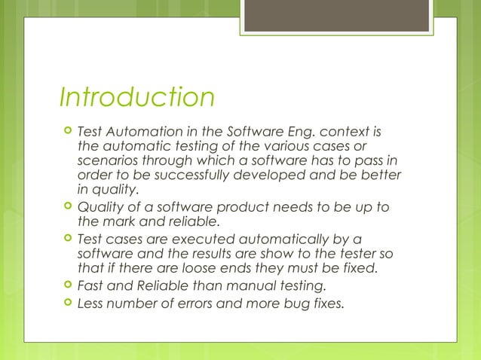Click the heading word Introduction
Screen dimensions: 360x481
point(136,98)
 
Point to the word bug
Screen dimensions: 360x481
point(296,304)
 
